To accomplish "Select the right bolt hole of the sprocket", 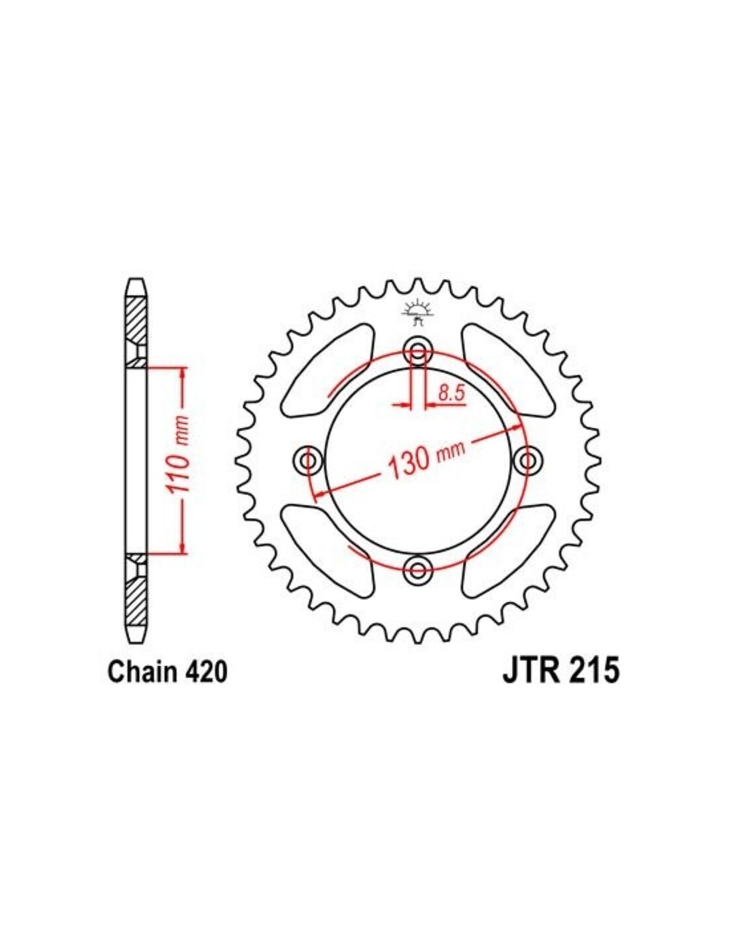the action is [527, 460].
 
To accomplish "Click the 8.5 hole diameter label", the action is [451, 394].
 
